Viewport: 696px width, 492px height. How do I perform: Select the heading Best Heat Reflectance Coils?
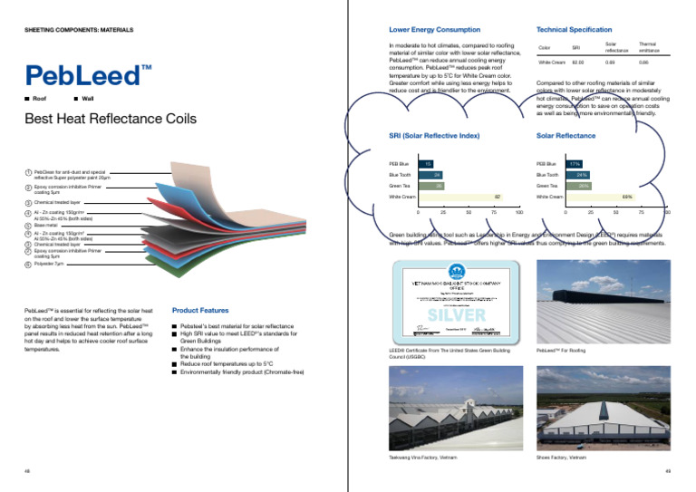tap(109, 119)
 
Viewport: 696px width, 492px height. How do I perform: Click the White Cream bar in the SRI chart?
tap(461, 196)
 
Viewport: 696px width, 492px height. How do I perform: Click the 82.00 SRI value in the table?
tap(577, 63)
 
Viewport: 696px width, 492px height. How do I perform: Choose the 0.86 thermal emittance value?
tap(643, 63)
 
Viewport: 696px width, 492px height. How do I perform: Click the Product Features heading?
tap(199, 311)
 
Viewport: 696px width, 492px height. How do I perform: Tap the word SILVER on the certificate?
tap(457, 315)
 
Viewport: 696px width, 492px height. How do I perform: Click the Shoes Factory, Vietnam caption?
tap(562, 458)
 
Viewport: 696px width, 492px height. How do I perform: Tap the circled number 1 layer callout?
tap(28, 172)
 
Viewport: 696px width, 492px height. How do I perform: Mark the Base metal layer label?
tap(46, 225)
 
